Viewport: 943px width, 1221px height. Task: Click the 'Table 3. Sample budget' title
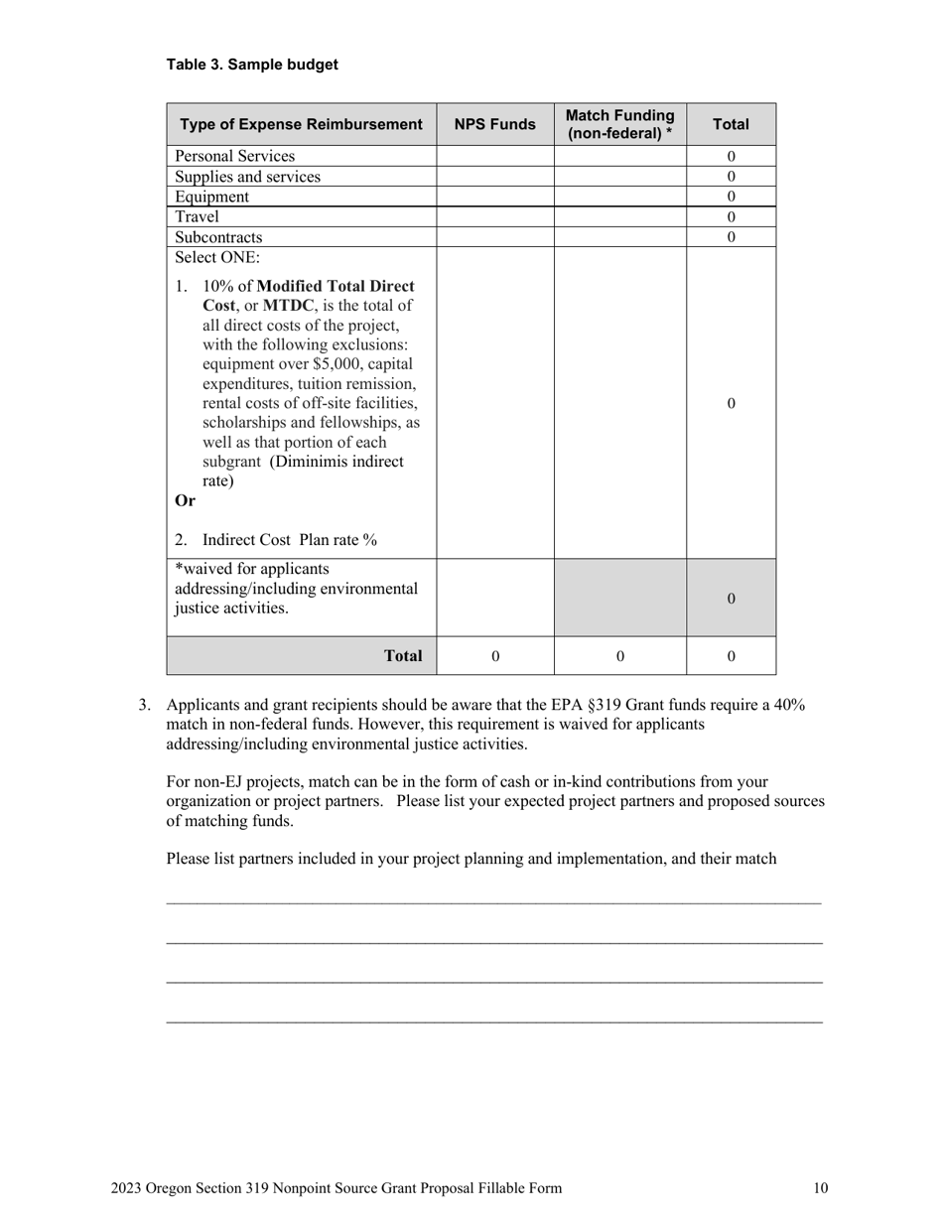tap(252, 65)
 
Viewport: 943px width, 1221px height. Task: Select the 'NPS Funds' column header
tap(494, 124)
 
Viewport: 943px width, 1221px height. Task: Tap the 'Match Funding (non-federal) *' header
tap(619, 124)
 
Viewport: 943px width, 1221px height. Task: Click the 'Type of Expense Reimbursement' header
tap(301, 124)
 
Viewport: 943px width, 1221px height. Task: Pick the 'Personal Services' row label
tap(234, 156)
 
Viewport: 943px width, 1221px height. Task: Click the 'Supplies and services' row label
tap(247, 177)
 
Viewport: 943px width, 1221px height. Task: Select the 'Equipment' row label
tap(211, 197)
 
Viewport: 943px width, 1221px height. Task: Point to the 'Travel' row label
tap(197, 216)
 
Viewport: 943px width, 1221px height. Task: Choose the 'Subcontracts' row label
tap(218, 237)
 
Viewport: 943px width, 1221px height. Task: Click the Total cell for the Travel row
tap(731, 216)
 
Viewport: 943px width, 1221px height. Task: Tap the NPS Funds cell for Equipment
tap(494, 197)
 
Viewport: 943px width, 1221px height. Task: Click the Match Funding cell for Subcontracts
tap(619, 237)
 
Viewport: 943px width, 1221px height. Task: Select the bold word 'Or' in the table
tap(185, 500)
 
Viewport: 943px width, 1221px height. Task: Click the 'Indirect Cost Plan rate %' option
tap(289, 540)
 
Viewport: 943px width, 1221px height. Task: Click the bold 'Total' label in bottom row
tap(403, 656)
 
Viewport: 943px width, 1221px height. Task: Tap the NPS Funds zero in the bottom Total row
tap(495, 656)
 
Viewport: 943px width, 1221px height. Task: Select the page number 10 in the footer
tap(820, 1188)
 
